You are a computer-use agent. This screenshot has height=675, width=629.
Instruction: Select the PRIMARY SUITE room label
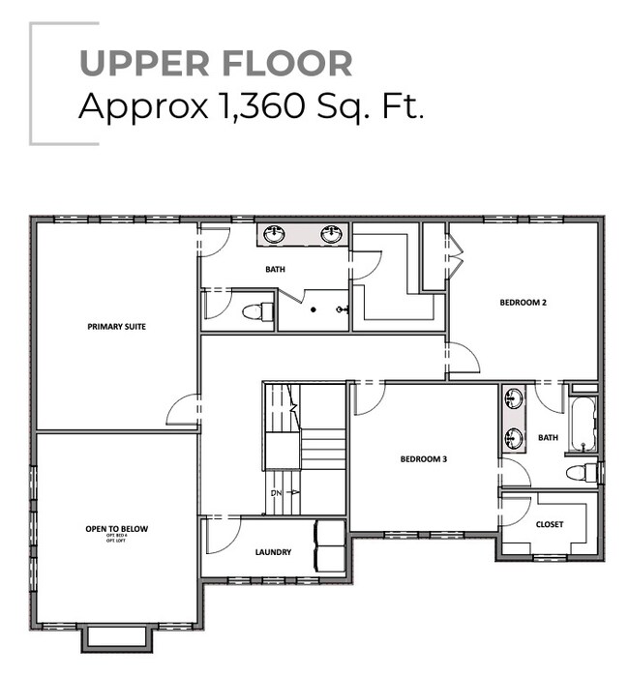116,327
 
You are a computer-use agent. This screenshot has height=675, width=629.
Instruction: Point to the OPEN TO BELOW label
116,529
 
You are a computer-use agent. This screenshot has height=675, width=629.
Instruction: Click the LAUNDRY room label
274,552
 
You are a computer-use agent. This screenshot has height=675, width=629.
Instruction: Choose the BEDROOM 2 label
524,303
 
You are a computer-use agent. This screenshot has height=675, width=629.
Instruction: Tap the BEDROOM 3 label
424,459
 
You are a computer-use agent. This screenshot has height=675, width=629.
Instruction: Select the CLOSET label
549,524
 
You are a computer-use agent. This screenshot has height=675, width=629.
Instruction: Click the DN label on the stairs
277,492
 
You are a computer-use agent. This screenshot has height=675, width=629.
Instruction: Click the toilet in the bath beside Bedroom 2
582,473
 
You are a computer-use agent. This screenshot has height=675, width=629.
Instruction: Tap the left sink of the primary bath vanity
275,234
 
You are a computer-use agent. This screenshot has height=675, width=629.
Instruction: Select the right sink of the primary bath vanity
332,234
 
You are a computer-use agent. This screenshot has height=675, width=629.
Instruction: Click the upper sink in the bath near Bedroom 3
513,399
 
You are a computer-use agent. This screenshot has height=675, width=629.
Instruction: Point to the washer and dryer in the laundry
330,547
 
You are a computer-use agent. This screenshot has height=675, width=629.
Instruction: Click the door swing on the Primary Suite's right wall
184,411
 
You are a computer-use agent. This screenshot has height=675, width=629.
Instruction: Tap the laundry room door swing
224,535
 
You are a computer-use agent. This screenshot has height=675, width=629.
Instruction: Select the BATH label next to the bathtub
548,437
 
